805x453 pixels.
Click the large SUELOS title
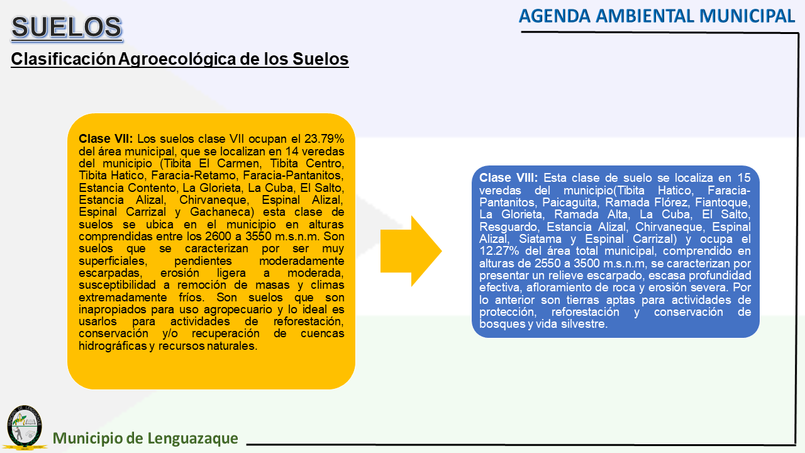coord(67,27)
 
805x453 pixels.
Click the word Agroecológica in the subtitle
coord(177,59)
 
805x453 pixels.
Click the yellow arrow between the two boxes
coord(411,251)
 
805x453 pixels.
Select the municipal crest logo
coord(25,427)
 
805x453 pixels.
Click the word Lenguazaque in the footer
coord(192,439)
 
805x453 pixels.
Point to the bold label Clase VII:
coord(106,139)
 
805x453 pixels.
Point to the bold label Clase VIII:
coord(508,177)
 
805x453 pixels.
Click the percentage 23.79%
coord(324,139)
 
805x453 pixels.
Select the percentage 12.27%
coord(499,251)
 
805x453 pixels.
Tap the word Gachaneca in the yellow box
coord(222,212)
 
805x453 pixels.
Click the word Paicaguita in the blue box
coord(570,203)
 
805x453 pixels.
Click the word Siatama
coord(540,238)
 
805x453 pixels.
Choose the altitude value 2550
coord(548,264)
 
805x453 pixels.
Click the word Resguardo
coord(509,227)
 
